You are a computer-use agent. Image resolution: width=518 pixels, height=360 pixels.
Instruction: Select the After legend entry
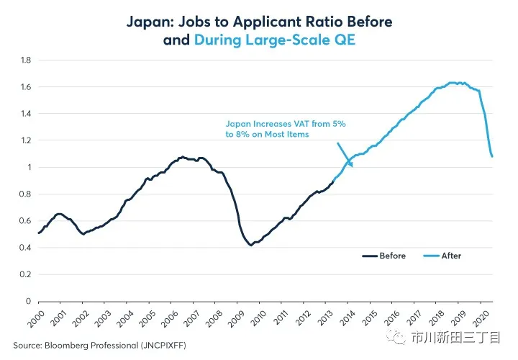450,256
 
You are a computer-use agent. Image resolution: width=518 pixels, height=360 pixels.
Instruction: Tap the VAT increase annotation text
286,129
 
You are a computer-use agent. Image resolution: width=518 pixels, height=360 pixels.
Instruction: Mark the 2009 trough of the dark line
250,245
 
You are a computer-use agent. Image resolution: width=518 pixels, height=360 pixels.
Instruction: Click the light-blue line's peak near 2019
453,83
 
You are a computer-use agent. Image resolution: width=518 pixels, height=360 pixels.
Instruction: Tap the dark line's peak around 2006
183,156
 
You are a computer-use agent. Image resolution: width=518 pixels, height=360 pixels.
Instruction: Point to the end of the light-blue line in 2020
492,156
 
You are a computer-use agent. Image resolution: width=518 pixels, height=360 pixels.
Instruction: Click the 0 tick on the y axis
29,301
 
